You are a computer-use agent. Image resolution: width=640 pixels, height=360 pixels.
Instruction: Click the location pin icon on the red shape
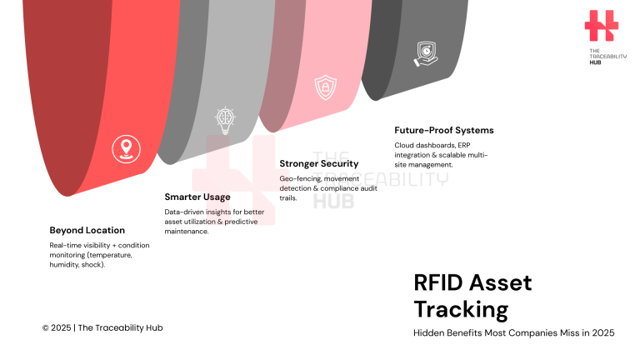[127, 149]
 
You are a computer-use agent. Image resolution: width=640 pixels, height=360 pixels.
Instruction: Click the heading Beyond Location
[87, 230]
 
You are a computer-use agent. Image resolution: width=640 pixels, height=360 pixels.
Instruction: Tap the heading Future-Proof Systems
[444, 130]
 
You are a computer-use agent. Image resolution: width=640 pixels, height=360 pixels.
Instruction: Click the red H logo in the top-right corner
[601, 26]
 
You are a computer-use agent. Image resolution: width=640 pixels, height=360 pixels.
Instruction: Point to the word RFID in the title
[440, 282]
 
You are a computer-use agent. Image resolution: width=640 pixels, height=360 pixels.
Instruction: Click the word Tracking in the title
[461, 310]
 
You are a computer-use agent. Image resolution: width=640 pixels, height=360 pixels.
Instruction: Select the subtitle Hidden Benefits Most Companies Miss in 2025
[514, 333]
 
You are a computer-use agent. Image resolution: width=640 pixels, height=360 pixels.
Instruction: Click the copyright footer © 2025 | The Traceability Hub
[102, 327]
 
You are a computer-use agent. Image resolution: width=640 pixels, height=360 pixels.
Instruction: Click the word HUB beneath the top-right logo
[595, 62]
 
